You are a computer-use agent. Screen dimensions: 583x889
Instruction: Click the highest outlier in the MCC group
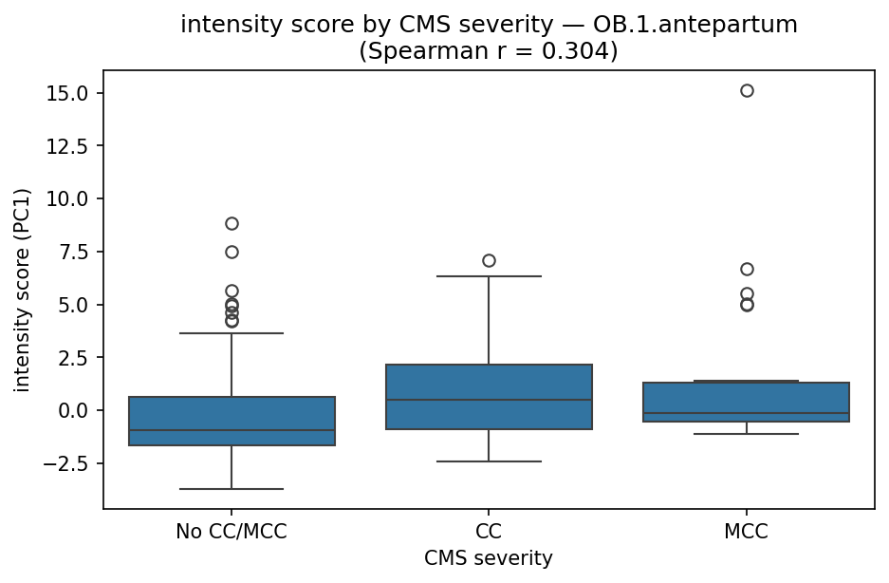point(747,91)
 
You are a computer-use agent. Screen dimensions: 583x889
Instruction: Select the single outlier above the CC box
point(489,260)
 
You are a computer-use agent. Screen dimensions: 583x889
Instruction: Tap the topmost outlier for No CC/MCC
point(232,223)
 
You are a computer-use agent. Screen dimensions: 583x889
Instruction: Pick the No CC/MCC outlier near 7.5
point(232,252)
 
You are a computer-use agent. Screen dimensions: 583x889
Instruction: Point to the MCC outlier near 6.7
point(747,269)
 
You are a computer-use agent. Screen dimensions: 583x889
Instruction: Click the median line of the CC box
point(489,400)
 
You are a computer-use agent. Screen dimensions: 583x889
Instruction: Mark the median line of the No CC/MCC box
point(232,430)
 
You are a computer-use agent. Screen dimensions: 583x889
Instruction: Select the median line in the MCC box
point(747,413)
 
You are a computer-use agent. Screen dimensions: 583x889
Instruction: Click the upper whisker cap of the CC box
point(489,276)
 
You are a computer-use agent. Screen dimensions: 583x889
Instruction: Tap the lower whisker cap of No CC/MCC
point(232,489)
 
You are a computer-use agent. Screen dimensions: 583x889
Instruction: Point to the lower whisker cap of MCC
point(747,434)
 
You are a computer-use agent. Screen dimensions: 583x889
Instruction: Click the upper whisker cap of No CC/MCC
point(232,333)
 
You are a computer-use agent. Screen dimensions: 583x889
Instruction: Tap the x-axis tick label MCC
point(747,533)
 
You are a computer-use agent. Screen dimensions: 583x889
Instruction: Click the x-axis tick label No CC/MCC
point(232,533)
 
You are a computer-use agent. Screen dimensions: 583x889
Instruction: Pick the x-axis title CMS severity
point(489,558)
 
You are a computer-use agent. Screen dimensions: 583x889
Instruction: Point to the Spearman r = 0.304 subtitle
point(489,51)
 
